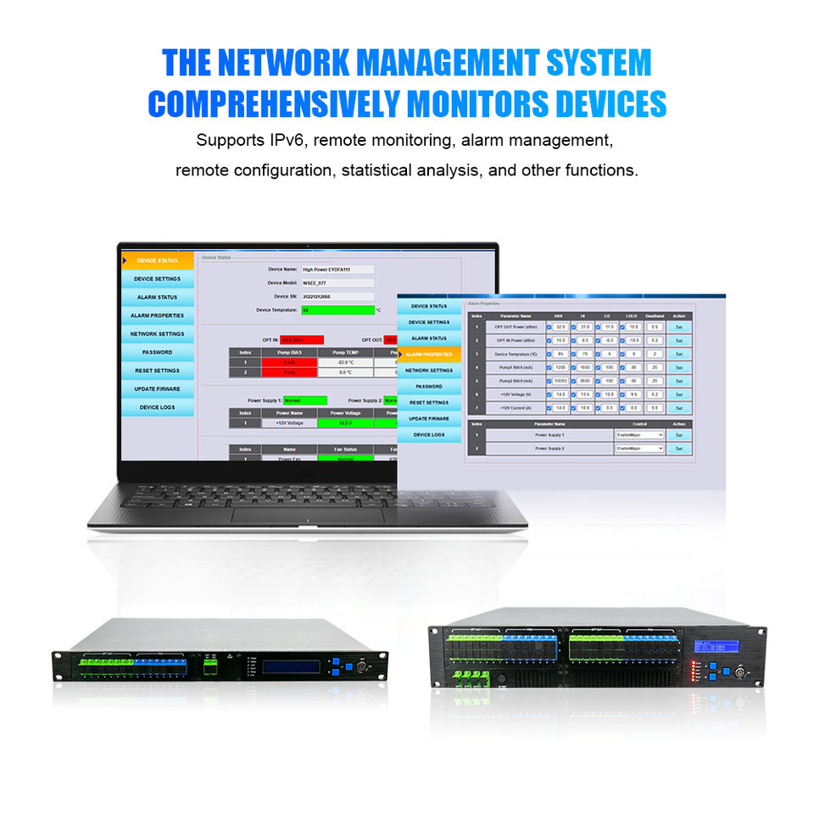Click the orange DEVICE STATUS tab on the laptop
pos(158,260)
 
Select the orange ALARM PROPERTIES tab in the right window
pos(429,354)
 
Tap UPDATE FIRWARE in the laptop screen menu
pos(157,388)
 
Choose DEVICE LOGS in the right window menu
pos(428,434)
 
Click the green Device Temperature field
pos(337,310)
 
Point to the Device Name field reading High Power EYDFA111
pos(337,269)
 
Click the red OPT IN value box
pos(297,339)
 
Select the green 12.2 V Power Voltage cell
pos(345,422)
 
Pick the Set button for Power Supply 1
pos(678,434)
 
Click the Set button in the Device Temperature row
pos(678,354)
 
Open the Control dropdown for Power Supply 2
pos(639,449)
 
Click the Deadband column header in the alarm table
pos(654,316)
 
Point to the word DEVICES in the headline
pos(610,104)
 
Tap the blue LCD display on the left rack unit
pos(291,666)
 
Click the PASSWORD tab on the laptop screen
pos(157,352)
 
